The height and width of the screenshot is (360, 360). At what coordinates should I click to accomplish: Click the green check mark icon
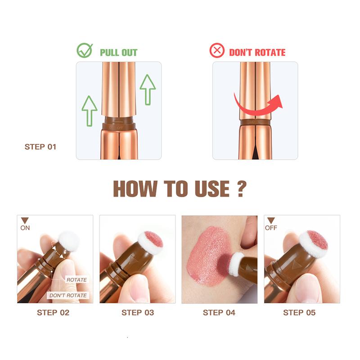click(x=85, y=50)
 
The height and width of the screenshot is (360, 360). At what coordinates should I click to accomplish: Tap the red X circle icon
click(x=217, y=50)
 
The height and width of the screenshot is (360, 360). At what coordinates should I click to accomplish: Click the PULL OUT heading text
click(x=118, y=53)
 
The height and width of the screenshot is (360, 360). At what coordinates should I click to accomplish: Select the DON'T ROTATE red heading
click(x=257, y=52)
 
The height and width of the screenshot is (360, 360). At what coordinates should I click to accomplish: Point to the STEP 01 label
click(x=40, y=147)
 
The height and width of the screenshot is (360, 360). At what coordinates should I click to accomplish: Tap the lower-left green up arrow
click(x=90, y=111)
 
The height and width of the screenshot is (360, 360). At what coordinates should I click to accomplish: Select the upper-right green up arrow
click(x=148, y=90)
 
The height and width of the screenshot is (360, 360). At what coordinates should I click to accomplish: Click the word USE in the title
click(x=212, y=189)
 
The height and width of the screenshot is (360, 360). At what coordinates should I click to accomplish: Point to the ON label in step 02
click(x=25, y=228)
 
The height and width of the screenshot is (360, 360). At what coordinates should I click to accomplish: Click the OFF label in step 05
click(x=271, y=228)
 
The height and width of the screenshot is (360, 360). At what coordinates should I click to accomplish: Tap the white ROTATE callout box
click(x=76, y=280)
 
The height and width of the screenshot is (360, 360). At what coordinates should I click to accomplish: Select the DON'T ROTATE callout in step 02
click(x=68, y=295)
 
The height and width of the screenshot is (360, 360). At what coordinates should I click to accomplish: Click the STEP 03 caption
click(x=138, y=312)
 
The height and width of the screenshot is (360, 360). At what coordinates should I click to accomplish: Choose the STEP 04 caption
click(x=219, y=312)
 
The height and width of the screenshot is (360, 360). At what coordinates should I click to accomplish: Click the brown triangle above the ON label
click(x=25, y=220)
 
